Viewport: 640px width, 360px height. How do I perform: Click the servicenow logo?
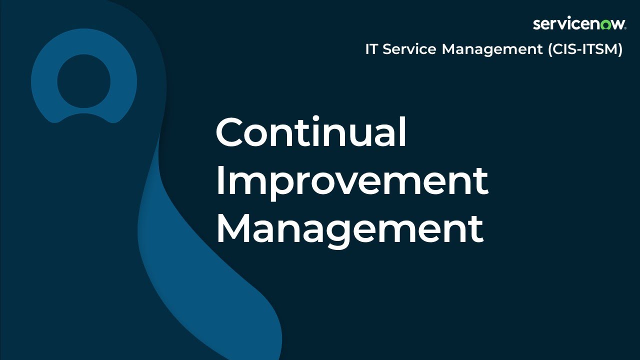[x=579, y=24]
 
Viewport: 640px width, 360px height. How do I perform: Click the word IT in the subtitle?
[x=371, y=49]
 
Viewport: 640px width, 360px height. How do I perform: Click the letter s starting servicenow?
[x=536, y=24]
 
